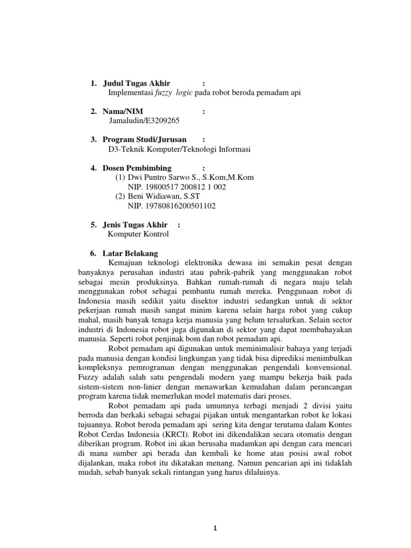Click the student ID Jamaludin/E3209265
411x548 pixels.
pos(140,120)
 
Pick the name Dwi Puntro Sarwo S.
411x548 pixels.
pos(160,177)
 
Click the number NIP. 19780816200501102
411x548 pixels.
pos(171,205)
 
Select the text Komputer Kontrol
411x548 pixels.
pos(138,234)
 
